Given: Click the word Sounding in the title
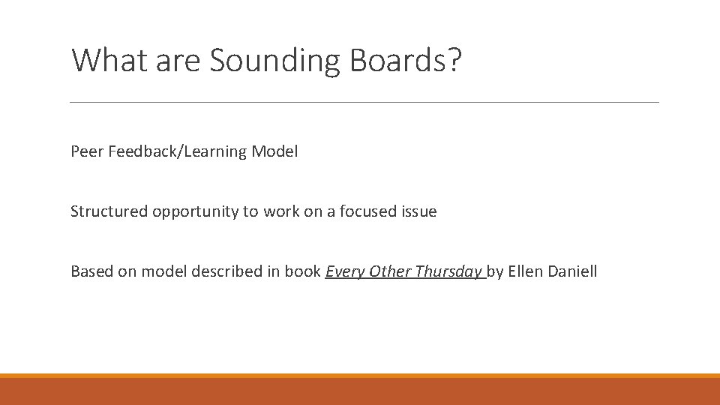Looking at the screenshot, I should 275,61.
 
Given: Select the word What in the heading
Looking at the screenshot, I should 110,60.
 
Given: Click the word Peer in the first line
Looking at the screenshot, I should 87,151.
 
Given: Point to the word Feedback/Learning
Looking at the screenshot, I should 178,152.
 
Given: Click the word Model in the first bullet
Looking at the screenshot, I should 274,151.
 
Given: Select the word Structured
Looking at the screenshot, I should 109,211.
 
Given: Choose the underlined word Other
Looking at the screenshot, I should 388,271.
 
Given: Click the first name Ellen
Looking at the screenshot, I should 526,271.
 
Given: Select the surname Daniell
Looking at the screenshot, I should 574,271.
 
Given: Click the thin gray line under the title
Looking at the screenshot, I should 364,102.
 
